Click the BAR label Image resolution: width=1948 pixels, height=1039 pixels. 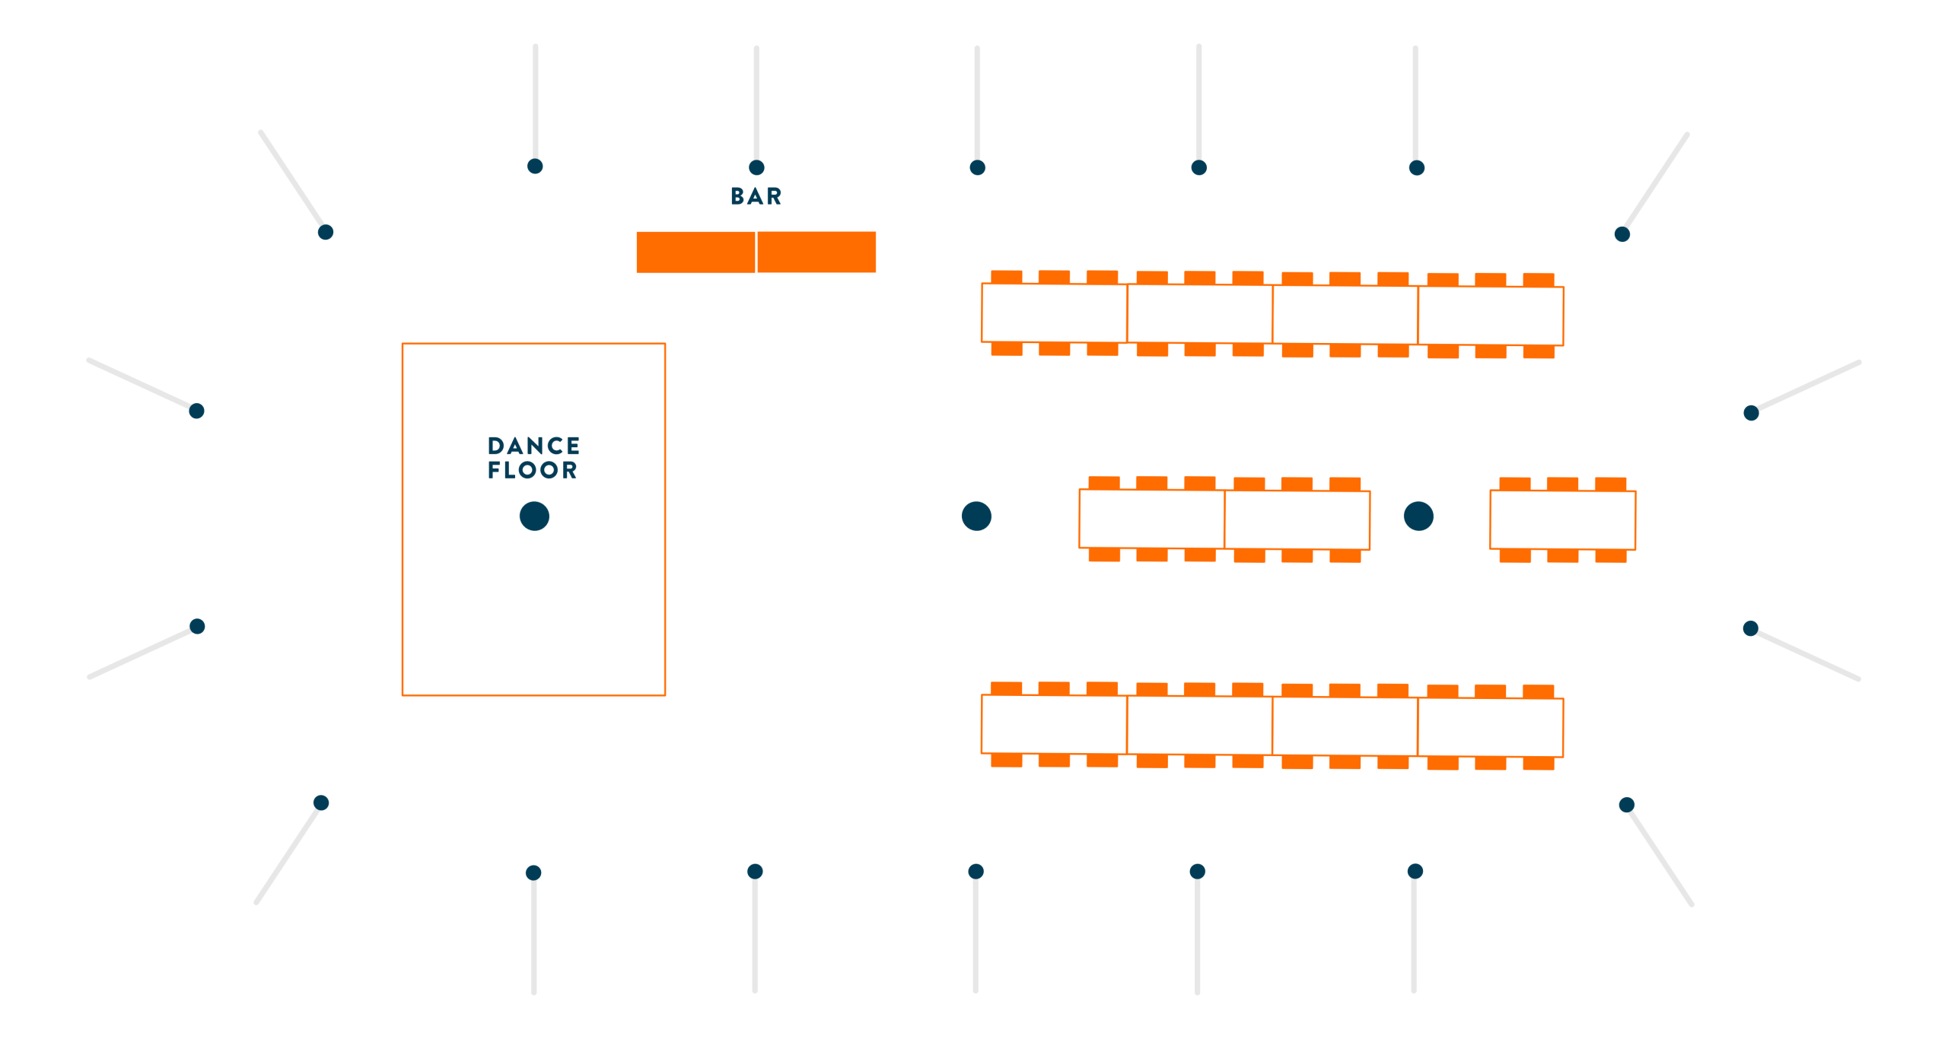tap(756, 196)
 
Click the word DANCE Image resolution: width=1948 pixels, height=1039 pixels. tap(533, 446)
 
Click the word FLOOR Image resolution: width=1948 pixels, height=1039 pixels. tap(533, 470)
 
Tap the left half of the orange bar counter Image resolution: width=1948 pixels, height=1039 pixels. tap(695, 252)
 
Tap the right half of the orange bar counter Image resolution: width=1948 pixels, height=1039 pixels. tap(816, 252)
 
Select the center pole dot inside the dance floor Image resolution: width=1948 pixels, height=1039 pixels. tap(534, 516)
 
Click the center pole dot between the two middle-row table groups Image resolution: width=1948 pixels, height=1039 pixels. tap(1418, 516)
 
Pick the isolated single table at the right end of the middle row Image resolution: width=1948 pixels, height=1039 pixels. tap(1562, 520)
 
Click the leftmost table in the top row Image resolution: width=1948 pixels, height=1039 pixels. tap(1054, 313)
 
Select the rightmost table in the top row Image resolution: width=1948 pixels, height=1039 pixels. tap(1491, 316)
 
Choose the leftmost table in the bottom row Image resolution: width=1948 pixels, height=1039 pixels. tap(1054, 724)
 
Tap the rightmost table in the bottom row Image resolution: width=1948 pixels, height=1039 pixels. tap(1491, 727)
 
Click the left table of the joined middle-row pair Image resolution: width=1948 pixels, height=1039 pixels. tap(1151, 519)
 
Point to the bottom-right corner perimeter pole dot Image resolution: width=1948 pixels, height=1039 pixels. tap(1627, 805)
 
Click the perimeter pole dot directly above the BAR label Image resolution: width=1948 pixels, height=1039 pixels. tap(756, 168)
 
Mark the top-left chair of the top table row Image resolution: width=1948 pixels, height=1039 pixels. tap(1006, 277)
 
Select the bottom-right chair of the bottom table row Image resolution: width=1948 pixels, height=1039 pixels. tap(1538, 763)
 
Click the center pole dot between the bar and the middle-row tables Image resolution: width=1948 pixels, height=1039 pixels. tap(976, 516)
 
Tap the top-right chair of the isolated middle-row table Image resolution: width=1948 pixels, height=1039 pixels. tap(1610, 485)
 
